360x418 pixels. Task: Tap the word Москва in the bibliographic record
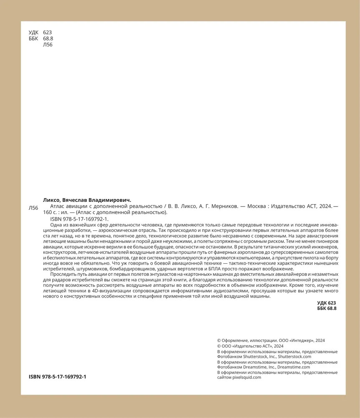pyautogui.click(x=256, y=206)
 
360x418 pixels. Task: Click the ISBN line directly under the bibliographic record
pyautogui.click(x=79, y=219)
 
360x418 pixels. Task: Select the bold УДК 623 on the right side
pyautogui.click(x=327, y=302)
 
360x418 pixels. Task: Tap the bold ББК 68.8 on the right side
pyautogui.click(x=327, y=308)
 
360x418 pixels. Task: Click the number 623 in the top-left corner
pyautogui.click(x=47, y=32)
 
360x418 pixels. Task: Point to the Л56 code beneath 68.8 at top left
pyautogui.click(x=48, y=45)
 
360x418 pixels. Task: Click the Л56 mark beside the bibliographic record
pyautogui.click(x=33, y=208)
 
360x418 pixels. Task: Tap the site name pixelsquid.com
pyautogui.click(x=245, y=377)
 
